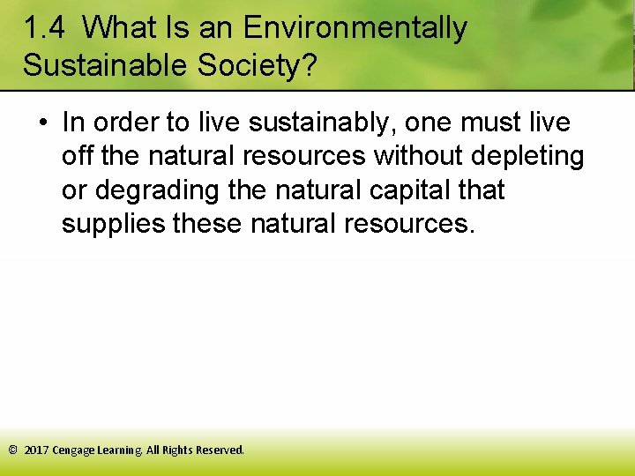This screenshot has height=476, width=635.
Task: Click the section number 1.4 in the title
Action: tap(44, 29)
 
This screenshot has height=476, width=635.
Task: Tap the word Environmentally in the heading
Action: tap(355, 29)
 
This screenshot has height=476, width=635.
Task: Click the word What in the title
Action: tap(122, 29)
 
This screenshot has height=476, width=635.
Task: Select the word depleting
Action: tap(529, 156)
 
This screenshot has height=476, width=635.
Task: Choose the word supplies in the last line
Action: tap(113, 223)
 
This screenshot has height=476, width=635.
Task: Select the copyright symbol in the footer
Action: tap(12, 450)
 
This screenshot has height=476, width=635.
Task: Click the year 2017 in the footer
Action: tap(36, 450)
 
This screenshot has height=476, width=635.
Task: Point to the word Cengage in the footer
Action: tap(74, 450)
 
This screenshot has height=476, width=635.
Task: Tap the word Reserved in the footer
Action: tap(220, 450)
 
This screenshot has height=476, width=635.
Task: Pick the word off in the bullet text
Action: tap(77, 156)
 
